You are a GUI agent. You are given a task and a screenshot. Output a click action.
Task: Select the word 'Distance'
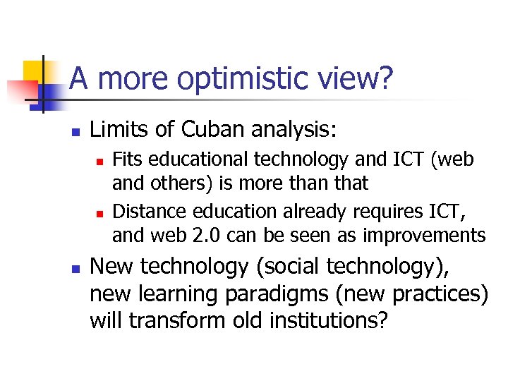(x=145, y=211)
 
